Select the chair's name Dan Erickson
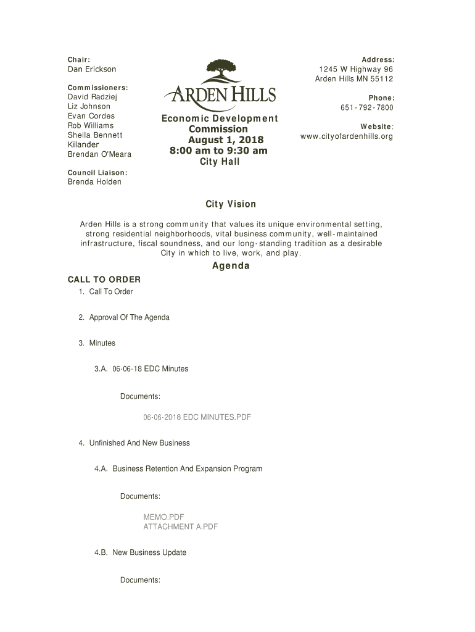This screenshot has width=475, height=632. tap(91, 69)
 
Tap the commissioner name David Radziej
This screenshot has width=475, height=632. tap(92, 97)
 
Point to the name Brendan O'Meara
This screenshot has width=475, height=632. tap(99, 154)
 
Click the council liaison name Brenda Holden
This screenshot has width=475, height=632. tap(94, 181)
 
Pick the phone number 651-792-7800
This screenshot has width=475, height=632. tap(366, 107)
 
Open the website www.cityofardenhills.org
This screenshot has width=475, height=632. tap(346, 136)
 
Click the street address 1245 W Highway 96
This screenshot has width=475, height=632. tap(355, 69)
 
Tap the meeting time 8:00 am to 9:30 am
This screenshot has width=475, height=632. tap(219, 151)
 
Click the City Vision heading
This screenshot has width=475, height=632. tap(231, 204)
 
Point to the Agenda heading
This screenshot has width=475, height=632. tap(231, 266)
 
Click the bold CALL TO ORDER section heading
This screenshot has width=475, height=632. tap(104, 280)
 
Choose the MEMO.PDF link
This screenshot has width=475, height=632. tap(163, 517)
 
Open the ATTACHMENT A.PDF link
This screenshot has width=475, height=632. tap(180, 527)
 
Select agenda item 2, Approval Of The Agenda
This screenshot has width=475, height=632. tap(129, 317)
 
